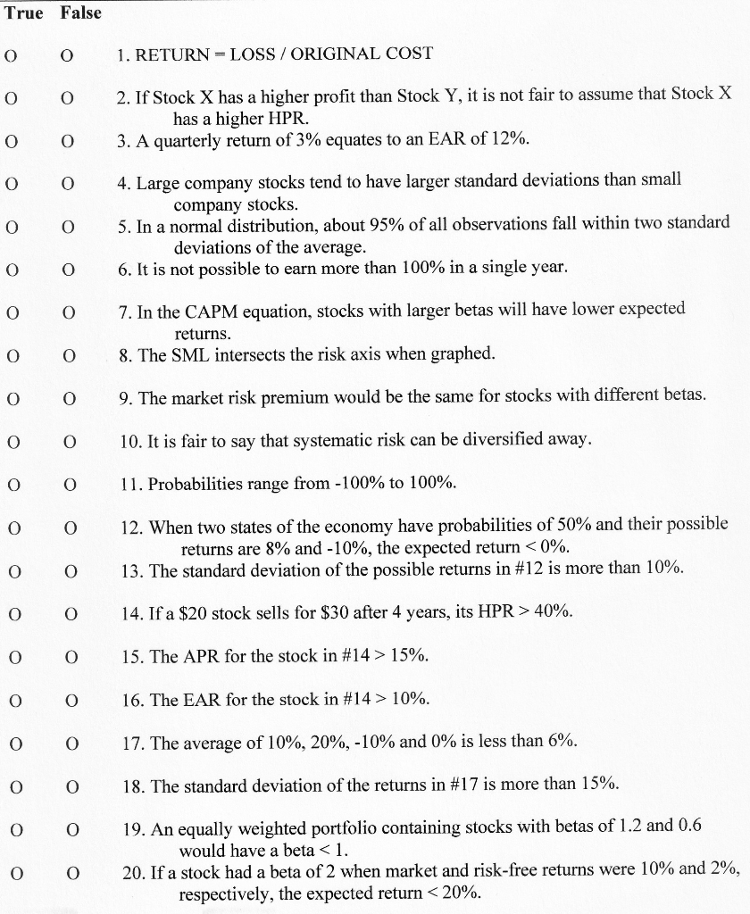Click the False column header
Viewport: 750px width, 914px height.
click(x=81, y=12)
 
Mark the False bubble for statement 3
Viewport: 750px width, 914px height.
click(x=67, y=141)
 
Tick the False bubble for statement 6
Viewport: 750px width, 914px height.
click(x=67, y=269)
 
